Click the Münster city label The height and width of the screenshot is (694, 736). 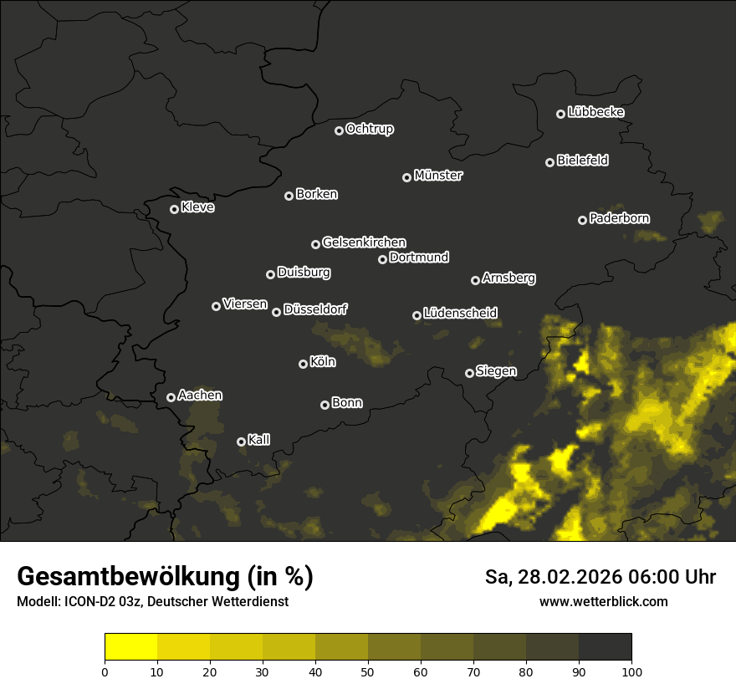(438, 176)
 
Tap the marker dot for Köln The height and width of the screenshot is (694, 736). (303, 364)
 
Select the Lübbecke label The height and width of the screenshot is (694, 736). (595, 112)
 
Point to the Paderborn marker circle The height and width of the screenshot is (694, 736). (582, 220)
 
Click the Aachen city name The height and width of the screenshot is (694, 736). (201, 395)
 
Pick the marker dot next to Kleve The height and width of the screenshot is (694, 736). (174, 209)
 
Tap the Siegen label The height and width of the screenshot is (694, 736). (496, 371)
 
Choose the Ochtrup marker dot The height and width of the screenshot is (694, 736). (339, 130)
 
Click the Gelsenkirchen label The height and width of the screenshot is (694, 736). (364, 242)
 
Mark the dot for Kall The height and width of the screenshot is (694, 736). (241, 441)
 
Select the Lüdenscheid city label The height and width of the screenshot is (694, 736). (460, 314)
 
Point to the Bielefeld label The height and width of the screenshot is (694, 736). (582, 161)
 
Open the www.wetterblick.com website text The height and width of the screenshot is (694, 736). (603, 601)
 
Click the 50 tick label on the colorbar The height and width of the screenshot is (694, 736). (368, 671)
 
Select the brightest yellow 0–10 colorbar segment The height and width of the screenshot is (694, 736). (131, 647)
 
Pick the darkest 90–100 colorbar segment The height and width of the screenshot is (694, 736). (605, 647)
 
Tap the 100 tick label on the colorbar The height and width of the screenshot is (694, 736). (631, 671)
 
